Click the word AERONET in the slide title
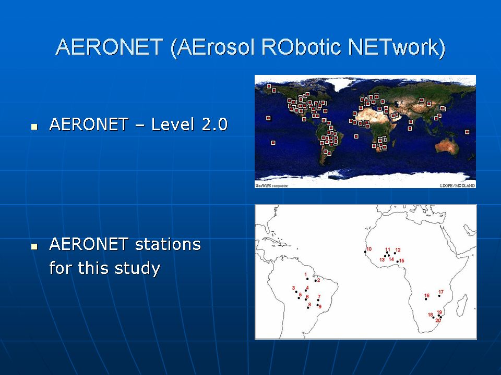click(110, 47)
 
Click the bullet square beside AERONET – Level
click(34, 127)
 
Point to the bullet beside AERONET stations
click(34, 246)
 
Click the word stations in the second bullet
click(168, 244)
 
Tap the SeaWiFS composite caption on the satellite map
click(272, 185)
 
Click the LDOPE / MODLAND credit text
click(457, 185)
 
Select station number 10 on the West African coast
click(369, 249)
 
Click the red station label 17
click(442, 292)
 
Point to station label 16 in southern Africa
click(427, 296)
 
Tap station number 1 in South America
click(306, 274)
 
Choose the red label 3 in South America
click(294, 288)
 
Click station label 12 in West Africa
click(398, 249)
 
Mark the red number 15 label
click(402, 260)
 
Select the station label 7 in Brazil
click(319, 296)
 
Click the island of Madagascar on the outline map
click(462, 306)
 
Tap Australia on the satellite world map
click(447, 147)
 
